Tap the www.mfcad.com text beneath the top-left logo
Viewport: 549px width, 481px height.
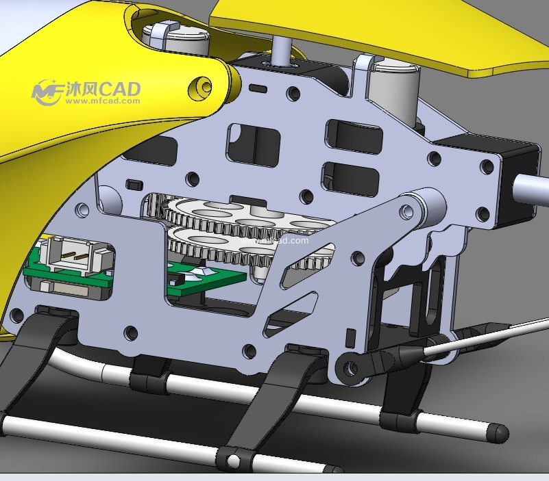tap(103, 101)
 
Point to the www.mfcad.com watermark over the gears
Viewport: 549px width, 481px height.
tap(274, 241)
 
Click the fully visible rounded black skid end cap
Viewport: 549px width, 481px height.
tap(498, 432)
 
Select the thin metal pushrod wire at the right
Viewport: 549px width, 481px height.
tap(487, 335)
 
